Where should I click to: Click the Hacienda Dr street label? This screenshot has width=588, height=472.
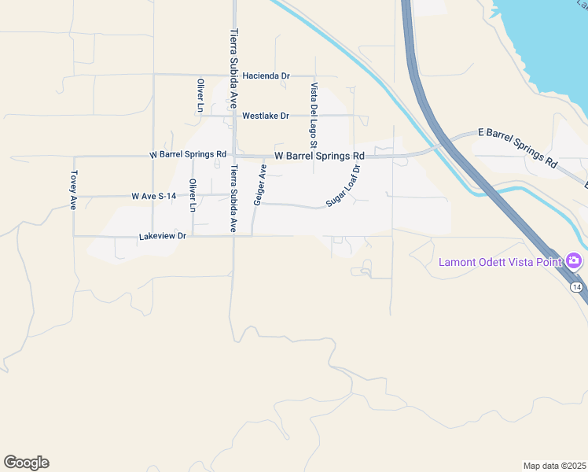[266, 76]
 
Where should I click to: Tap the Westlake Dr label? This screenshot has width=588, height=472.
[265, 116]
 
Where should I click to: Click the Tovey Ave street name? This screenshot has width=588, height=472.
[73, 190]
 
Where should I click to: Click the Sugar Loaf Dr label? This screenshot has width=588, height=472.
[344, 186]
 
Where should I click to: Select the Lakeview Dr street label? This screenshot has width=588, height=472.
[162, 236]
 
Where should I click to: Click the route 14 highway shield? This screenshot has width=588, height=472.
[577, 288]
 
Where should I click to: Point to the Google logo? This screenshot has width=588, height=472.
[26, 463]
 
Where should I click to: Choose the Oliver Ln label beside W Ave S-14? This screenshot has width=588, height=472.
[191, 195]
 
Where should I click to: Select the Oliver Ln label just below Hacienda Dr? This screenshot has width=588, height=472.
[200, 95]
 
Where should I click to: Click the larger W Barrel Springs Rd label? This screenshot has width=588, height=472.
[319, 156]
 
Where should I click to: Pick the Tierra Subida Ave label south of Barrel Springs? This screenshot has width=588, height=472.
[233, 198]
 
